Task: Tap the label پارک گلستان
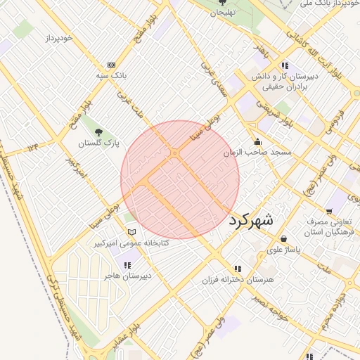click(98, 143)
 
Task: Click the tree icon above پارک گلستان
click(98, 131)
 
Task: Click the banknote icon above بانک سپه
click(110, 64)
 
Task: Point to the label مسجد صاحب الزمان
click(257, 153)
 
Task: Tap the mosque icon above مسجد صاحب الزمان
click(257, 141)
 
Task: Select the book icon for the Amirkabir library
click(130, 232)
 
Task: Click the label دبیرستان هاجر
click(127, 276)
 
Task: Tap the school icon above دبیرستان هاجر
click(127, 265)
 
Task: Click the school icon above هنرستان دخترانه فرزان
click(238, 269)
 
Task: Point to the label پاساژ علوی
click(284, 250)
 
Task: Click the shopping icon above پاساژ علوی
click(284, 239)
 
